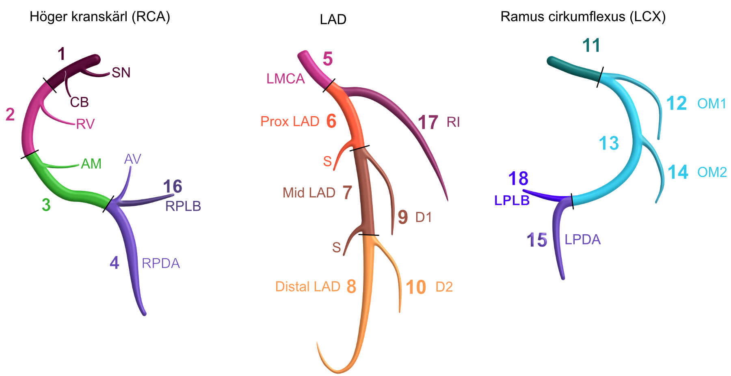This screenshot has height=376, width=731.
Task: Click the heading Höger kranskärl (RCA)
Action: pyautogui.click(x=100, y=17)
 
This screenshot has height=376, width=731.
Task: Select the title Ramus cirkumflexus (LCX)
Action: pyautogui.click(x=583, y=17)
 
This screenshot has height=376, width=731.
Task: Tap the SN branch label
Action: pyautogui.click(x=121, y=73)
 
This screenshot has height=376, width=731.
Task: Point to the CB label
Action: pyautogui.click(x=79, y=102)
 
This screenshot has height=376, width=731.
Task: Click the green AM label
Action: pyautogui.click(x=91, y=164)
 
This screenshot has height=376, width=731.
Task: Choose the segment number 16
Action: pyautogui.click(x=173, y=187)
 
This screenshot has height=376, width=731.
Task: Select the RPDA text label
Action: pyautogui.click(x=161, y=264)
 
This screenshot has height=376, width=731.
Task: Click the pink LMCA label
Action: pyautogui.click(x=285, y=79)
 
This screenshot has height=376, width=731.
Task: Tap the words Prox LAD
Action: pyautogui.click(x=290, y=121)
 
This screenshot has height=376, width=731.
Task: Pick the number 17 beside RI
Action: pyautogui.click(x=428, y=122)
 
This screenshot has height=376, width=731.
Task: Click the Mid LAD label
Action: pyautogui.click(x=309, y=192)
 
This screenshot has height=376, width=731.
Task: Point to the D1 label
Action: pyautogui.click(x=424, y=218)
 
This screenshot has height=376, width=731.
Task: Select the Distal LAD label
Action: pyautogui.click(x=308, y=287)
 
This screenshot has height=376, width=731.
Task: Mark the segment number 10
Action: pyautogui.click(x=416, y=287)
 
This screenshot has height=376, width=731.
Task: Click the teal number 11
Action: pyautogui.click(x=591, y=45)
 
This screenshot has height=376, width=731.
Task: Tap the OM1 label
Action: pyautogui.click(x=712, y=104)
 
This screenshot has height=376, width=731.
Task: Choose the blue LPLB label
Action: pyautogui.click(x=512, y=200)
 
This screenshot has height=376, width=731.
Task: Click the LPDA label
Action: pyautogui.click(x=583, y=240)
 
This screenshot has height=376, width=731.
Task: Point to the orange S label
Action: pyautogui.click(x=327, y=162)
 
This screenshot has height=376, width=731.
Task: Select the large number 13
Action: pyautogui.click(x=609, y=143)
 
